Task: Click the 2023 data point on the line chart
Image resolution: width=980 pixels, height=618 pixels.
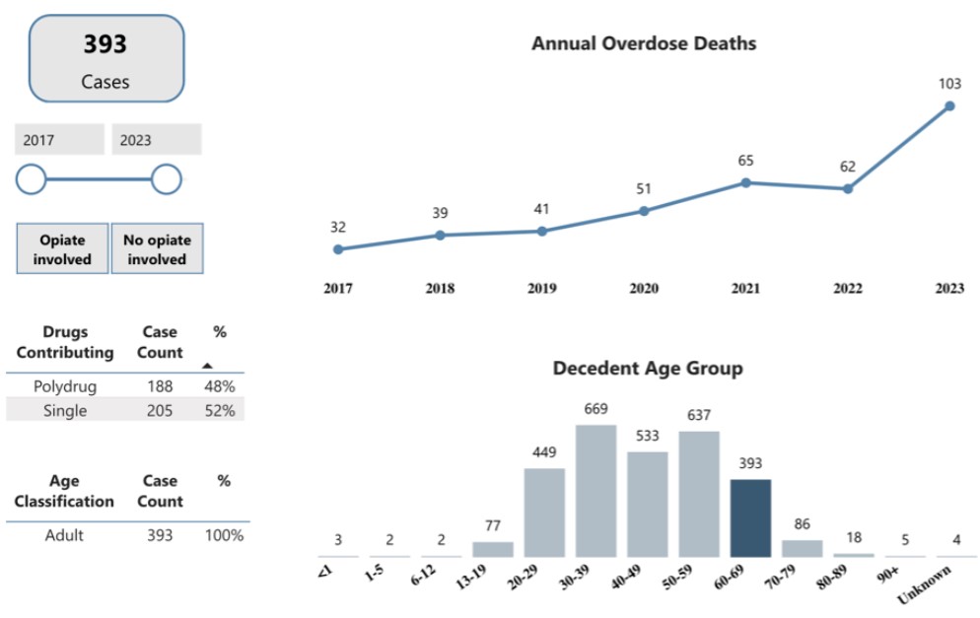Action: point(949,105)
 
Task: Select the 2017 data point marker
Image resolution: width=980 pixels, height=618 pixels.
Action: point(338,249)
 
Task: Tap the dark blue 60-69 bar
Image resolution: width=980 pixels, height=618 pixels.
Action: point(750,517)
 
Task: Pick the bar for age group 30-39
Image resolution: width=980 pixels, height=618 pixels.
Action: point(596,490)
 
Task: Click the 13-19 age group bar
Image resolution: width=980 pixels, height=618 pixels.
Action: point(493,549)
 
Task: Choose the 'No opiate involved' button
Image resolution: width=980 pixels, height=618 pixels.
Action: point(157,249)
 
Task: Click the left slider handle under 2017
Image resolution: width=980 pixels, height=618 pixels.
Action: point(32,179)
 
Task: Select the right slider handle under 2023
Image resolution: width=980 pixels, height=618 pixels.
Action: point(167,179)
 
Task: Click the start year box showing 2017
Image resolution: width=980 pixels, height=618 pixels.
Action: point(58,140)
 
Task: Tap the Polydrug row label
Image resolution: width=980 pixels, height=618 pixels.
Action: point(64,386)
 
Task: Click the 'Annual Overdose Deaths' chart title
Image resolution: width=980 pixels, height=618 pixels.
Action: point(644,43)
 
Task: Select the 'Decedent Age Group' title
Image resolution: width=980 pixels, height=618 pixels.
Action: point(648,369)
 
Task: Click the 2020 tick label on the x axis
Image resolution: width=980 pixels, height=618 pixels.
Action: point(644,289)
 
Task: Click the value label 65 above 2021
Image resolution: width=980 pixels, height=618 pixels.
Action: point(746,161)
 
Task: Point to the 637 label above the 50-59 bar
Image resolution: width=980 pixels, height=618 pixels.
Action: point(699,415)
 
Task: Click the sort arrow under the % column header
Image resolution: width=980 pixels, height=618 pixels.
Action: point(207,365)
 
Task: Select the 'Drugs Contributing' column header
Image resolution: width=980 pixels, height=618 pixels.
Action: point(65,342)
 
